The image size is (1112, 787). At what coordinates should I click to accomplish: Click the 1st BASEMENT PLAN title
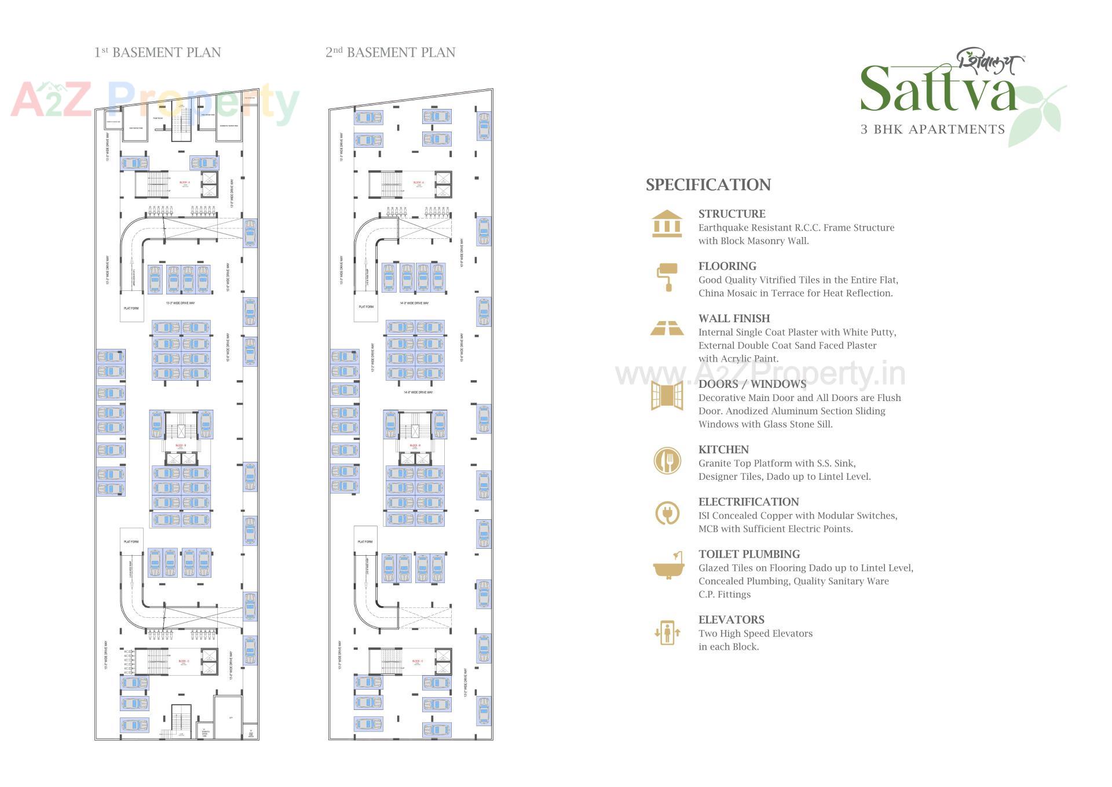158,53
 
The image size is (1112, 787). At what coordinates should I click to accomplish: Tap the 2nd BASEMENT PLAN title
390,53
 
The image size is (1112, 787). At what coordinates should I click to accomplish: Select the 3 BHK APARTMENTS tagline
932,129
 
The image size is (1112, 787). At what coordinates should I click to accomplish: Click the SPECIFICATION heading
708,185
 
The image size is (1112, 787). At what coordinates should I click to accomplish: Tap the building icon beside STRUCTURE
667,224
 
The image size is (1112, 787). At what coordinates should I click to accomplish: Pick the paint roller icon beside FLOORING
667,276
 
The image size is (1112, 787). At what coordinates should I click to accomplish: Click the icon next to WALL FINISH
667,328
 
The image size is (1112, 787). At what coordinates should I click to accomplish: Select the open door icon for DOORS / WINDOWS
667,396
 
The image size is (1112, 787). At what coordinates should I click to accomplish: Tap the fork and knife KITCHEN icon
667,461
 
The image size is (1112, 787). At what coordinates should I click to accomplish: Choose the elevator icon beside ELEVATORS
667,632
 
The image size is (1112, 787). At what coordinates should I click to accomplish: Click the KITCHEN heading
723,450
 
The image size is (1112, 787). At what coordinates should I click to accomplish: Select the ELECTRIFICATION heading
748,502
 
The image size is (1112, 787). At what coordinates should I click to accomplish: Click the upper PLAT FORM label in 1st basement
131,308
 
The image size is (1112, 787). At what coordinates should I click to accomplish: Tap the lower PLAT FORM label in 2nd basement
365,542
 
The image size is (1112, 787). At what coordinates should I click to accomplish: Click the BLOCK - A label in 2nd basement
418,183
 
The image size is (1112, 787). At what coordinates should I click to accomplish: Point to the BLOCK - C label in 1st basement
184,661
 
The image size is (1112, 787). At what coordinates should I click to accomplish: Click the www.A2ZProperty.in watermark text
760,374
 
